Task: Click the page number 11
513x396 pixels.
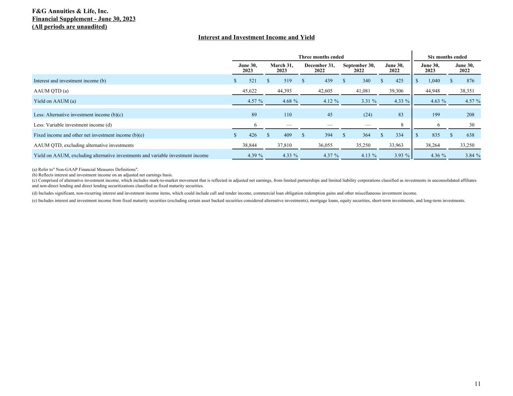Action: (477, 384)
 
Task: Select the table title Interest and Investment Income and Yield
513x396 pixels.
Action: (256, 38)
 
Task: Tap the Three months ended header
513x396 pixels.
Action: (321, 57)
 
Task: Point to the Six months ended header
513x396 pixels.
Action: (447, 57)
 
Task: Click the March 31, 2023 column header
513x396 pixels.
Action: (281, 68)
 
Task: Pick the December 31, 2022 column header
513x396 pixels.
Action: (319, 68)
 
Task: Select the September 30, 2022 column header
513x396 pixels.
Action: (359, 68)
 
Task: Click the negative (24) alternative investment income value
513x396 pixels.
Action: (368, 115)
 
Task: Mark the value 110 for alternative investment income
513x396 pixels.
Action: (288, 115)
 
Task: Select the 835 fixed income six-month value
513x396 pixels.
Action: (436, 135)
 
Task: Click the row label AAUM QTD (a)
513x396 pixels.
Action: (51, 91)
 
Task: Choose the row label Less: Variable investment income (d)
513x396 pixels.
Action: (73, 125)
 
